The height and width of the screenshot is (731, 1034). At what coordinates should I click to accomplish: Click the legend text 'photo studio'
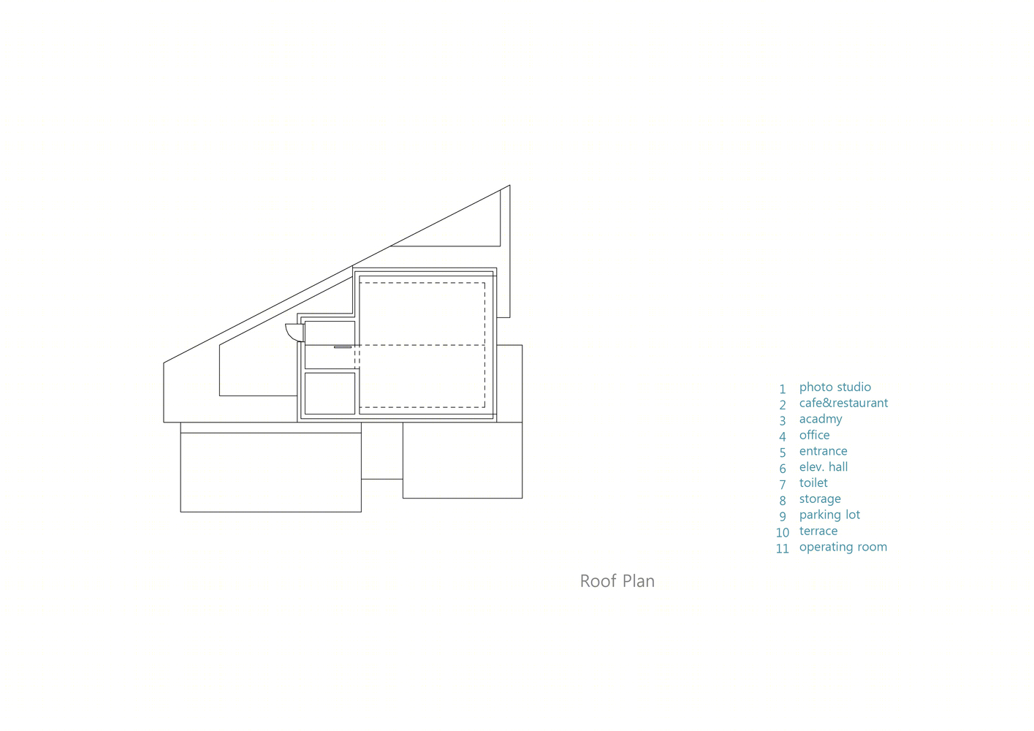click(x=835, y=387)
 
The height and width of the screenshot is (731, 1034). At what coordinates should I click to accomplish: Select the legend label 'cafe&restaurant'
click(x=843, y=403)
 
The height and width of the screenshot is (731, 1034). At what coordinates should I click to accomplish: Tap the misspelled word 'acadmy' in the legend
click(x=821, y=419)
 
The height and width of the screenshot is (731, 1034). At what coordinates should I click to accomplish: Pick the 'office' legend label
click(x=814, y=434)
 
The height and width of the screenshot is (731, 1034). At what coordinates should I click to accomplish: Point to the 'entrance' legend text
click(x=823, y=451)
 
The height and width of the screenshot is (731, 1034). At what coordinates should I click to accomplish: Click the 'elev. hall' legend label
click(x=824, y=466)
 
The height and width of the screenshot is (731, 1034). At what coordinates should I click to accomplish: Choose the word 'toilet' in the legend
click(x=813, y=482)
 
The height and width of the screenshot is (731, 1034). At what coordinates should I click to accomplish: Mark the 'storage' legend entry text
click(x=820, y=499)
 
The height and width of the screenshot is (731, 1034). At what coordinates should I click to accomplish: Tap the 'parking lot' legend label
click(x=829, y=515)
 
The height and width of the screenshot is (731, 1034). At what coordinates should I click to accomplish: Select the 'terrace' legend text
click(x=818, y=531)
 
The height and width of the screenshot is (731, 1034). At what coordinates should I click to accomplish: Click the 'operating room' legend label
click(x=843, y=547)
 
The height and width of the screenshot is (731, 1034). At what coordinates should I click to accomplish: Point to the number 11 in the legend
click(x=783, y=548)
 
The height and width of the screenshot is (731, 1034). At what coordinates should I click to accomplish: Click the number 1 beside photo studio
click(x=783, y=390)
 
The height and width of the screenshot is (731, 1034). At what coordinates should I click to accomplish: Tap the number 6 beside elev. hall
click(x=783, y=469)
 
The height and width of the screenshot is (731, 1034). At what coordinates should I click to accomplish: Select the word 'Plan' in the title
click(x=639, y=581)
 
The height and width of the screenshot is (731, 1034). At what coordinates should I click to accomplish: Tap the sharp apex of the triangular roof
click(x=509, y=185)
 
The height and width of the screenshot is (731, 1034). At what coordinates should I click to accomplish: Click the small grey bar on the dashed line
click(x=343, y=346)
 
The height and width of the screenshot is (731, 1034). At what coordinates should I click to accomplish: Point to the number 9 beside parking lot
click(x=783, y=516)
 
